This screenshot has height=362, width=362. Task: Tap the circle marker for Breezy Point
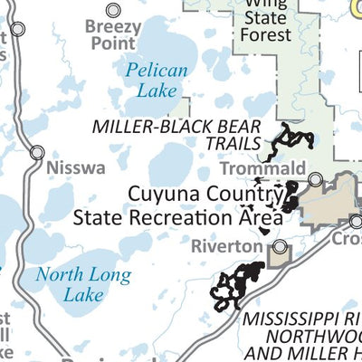point(113,10)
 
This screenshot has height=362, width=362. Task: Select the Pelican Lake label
point(157,80)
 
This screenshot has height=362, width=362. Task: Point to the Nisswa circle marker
point(37,153)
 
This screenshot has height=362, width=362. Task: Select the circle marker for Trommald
point(315,180)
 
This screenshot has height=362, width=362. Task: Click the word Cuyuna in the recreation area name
point(159,193)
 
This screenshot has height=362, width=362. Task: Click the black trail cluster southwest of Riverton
point(237,286)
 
